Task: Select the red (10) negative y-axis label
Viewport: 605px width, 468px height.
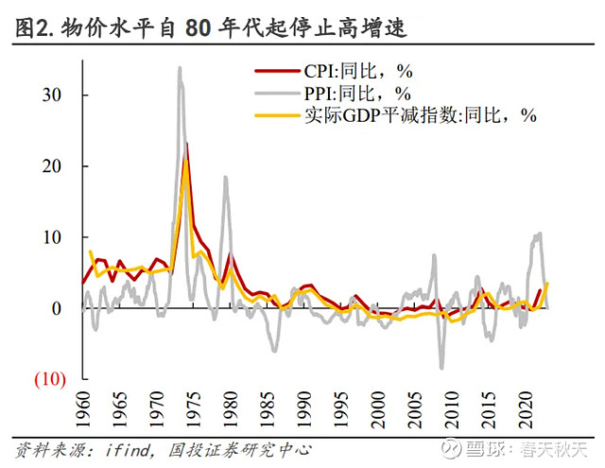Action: tap(49, 379)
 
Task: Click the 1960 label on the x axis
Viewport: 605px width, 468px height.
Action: tap(84, 410)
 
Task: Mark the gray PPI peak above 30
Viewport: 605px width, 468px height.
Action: tap(180, 68)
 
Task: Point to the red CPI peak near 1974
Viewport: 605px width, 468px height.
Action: tap(187, 144)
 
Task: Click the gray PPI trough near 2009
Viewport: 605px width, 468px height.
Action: tap(441, 368)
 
